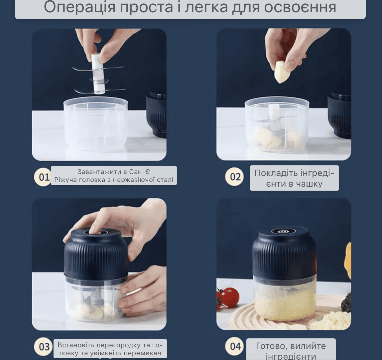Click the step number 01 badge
point(44,176)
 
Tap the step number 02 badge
point(235,176)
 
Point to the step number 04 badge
point(235,346)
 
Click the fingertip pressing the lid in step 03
point(93,230)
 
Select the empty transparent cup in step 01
point(95,123)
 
